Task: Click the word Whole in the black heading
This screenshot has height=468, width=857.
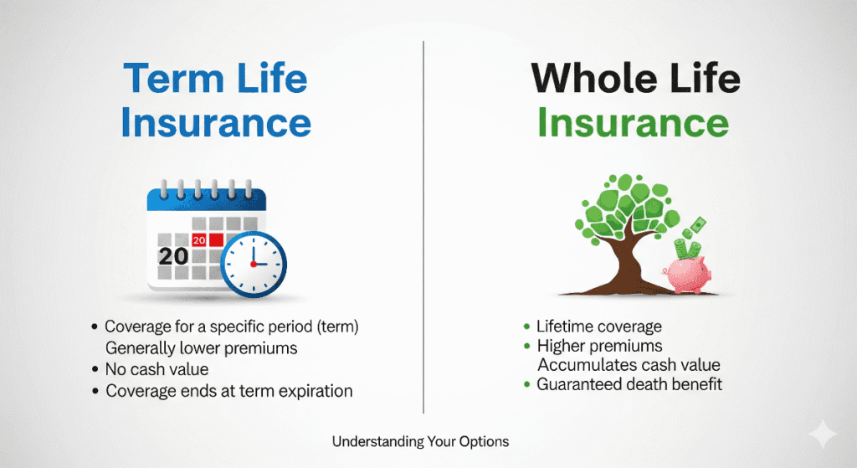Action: pos(586,80)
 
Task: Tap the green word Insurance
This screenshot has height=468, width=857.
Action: pos(633,123)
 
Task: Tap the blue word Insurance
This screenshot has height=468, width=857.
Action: pos(216,123)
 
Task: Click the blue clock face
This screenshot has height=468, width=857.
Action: pos(254,264)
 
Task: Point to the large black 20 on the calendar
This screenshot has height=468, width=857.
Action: pos(173,256)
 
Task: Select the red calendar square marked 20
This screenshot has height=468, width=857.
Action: pos(199,240)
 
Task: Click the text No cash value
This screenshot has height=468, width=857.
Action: pos(157,369)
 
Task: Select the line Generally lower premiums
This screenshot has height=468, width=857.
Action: pos(201,347)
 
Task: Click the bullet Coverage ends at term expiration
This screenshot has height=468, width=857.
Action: pos(228,391)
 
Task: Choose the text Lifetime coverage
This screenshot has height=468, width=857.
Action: pos(599,327)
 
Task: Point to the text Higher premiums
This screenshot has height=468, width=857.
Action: pos(599,346)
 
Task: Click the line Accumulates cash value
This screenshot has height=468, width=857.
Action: pos(629,365)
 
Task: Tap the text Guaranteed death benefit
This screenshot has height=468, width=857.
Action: pos(629,384)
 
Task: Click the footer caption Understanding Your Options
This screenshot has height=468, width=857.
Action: pos(420,440)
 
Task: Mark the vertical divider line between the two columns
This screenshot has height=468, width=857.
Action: pos(423,226)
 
